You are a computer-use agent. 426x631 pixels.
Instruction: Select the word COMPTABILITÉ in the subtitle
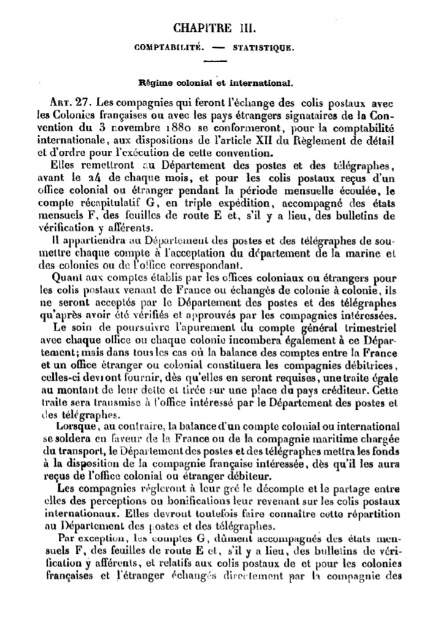click(x=169, y=47)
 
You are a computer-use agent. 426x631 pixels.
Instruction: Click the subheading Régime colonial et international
click(x=215, y=80)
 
